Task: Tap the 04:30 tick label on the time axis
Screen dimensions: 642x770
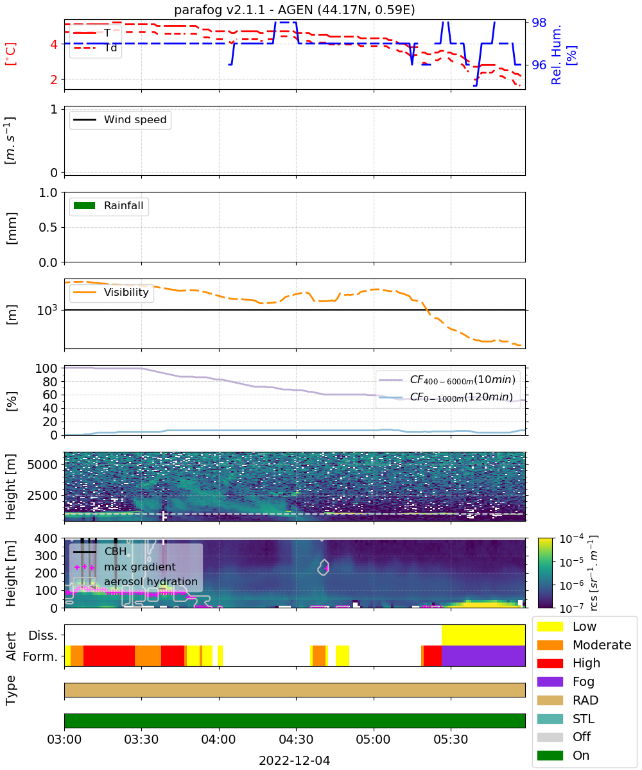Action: (x=296, y=739)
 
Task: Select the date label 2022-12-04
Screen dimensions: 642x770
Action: (x=295, y=760)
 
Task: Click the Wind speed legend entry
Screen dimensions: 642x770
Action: (x=120, y=119)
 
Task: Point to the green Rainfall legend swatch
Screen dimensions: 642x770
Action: (x=85, y=205)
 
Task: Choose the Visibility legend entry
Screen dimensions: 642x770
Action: (x=111, y=292)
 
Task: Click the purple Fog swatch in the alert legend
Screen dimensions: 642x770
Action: (x=550, y=681)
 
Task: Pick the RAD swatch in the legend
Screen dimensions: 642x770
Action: (x=550, y=700)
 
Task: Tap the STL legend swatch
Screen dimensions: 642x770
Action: (x=550, y=719)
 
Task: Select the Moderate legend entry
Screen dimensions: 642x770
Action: (x=584, y=645)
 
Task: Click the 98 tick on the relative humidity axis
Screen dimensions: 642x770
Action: (x=539, y=22)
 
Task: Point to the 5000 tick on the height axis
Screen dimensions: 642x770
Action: (x=42, y=465)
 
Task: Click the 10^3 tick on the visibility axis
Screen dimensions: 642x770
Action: (x=48, y=310)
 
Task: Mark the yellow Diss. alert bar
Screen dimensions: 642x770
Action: (x=483, y=635)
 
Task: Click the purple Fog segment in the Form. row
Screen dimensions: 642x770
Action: (x=483, y=656)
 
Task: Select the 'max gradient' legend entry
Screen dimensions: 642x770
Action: (x=125, y=567)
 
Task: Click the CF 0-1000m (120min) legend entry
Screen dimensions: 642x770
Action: (x=446, y=397)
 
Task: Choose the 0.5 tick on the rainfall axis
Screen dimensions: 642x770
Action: (x=48, y=227)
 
